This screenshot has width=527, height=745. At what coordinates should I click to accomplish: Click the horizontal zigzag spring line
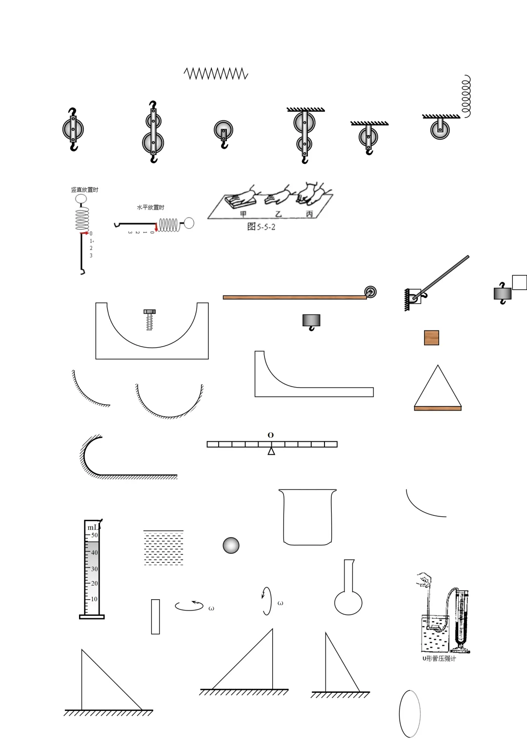pyautogui.click(x=216, y=74)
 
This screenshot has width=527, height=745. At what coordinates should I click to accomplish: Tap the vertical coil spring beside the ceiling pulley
pyautogui.click(x=466, y=96)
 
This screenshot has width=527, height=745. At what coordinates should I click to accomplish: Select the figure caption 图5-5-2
pyautogui.click(x=262, y=227)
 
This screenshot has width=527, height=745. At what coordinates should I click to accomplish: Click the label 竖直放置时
pyautogui.click(x=84, y=190)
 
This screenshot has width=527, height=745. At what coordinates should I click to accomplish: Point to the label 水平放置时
pyautogui.click(x=150, y=207)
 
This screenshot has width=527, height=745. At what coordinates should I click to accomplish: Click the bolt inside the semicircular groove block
pyautogui.click(x=149, y=320)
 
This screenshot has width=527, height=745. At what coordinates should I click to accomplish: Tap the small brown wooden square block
pyautogui.click(x=431, y=337)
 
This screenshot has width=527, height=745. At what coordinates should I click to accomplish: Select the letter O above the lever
pyautogui.click(x=271, y=435)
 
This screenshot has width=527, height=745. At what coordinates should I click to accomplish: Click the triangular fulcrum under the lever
pyautogui.click(x=271, y=451)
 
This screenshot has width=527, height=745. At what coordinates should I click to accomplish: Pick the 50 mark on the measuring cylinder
pyautogui.click(x=95, y=535)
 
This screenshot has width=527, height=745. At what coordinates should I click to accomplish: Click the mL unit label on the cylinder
pyautogui.click(x=93, y=528)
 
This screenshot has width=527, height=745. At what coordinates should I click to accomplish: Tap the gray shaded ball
pyautogui.click(x=231, y=546)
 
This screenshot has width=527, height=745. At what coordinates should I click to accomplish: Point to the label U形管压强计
pyautogui.click(x=439, y=659)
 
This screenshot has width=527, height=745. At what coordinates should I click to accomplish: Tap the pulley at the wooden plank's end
pyautogui.click(x=370, y=292)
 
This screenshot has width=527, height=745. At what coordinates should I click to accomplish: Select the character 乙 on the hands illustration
pyautogui.click(x=278, y=214)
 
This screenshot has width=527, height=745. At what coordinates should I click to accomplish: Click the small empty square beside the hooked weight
pyautogui.click(x=519, y=282)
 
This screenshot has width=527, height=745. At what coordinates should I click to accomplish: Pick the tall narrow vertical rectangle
pyautogui.click(x=156, y=617)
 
